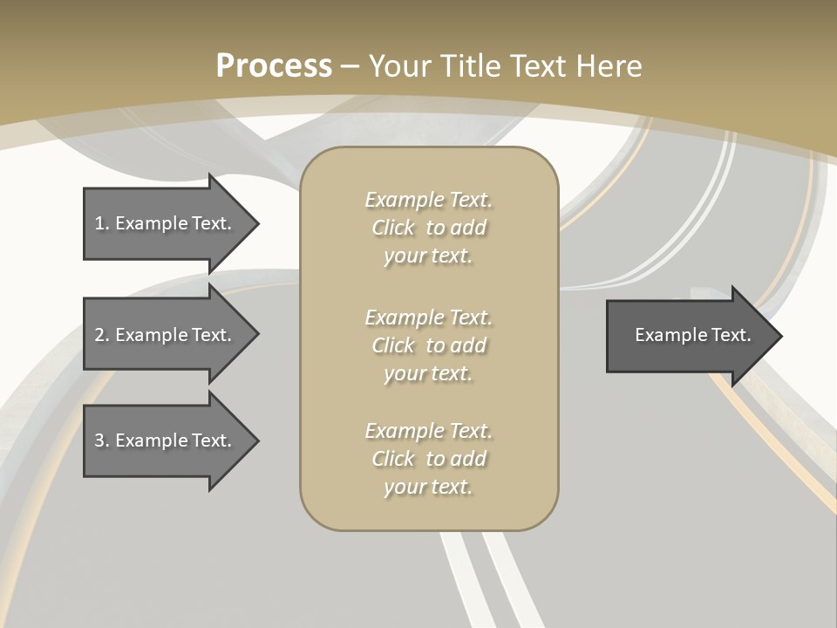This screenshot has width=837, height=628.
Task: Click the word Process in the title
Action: click(x=274, y=65)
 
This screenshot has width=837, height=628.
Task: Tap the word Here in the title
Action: click(x=608, y=65)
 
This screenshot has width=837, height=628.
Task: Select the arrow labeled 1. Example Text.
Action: click(x=163, y=223)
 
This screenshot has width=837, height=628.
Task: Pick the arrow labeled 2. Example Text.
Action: click(x=163, y=335)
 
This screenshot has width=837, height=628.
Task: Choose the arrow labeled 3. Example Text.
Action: click(x=163, y=440)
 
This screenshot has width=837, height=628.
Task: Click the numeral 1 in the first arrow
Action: click(x=99, y=223)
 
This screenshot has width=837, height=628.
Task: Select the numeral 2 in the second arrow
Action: click(x=99, y=335)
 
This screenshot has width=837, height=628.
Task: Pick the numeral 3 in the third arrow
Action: click(x=99, y=440)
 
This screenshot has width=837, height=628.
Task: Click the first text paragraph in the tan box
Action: click(x=428, y=228)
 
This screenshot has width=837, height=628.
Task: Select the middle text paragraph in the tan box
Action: click(x=428, y=345)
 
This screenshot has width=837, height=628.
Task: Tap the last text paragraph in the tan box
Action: click(x=428, y=459)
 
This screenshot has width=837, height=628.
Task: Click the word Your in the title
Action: click(x=398, y=65)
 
